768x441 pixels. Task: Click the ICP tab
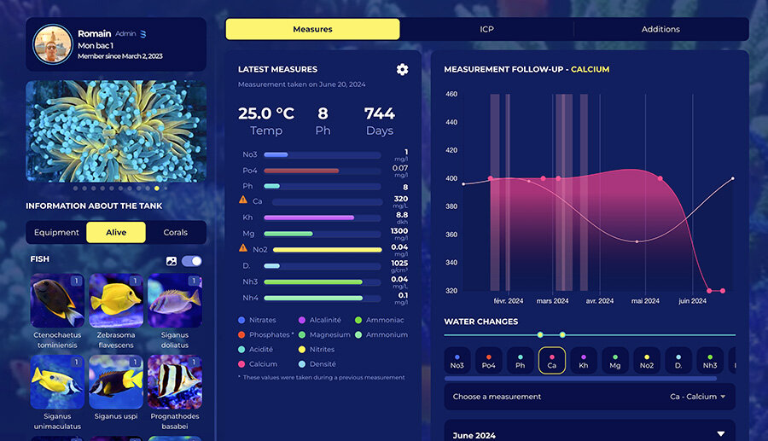coord(486,29)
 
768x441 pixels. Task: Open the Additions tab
coord(660,29)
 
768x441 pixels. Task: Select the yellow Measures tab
coord(312,29)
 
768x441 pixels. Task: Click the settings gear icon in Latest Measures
coord(402,69)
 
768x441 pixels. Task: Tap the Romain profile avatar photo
coord(53,45)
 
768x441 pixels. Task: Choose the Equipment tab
coord(56,232)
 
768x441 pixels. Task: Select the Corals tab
coord(176,232)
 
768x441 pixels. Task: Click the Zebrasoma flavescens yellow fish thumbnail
coord(116,300)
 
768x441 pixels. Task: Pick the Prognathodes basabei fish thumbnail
coord(175,382)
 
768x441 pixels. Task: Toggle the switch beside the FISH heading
coord(192,260)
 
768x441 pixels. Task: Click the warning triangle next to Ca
coord(244,200)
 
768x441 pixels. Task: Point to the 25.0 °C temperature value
coord(266,113)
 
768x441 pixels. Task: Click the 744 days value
coord(379,113)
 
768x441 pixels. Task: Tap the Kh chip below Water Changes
coord(584,361)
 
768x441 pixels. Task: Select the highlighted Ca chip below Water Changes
coord(552,361)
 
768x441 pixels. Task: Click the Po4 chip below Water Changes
coord(488,361)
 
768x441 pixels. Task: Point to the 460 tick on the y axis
coord(451,94)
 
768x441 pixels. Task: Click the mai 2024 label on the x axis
coord(645,301)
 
